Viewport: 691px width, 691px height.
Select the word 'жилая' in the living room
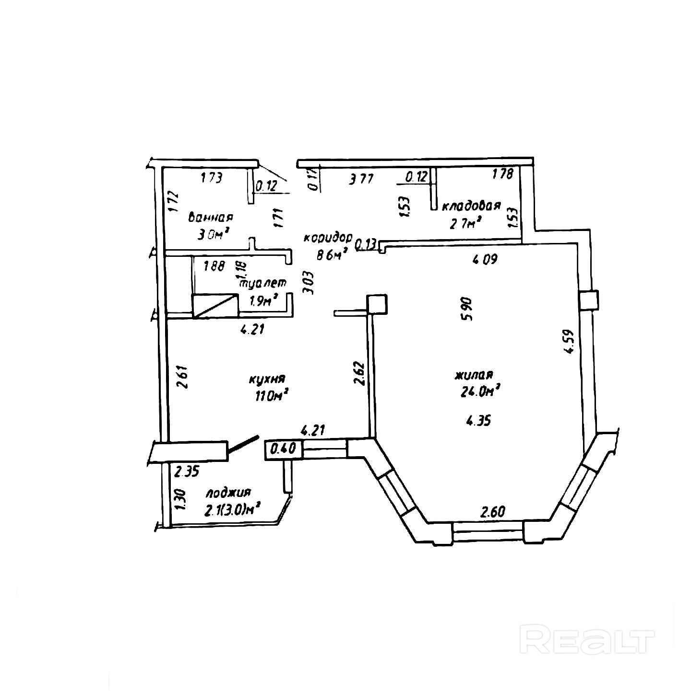point(475,374)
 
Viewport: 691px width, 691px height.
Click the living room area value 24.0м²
point(480,392)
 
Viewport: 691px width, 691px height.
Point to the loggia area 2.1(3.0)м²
point(232,510)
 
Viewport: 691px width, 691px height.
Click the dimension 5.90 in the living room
point(467,309)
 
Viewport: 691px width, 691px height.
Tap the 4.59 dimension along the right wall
point(570,340)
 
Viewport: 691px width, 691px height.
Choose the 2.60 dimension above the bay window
point(493,512)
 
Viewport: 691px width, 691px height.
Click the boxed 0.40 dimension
point(284,450)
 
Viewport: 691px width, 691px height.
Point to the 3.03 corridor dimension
point(309,283)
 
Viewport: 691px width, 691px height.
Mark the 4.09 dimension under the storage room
point(485,260)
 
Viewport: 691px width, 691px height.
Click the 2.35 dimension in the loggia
point(186,472)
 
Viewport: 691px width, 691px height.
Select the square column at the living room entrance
point(377,305)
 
